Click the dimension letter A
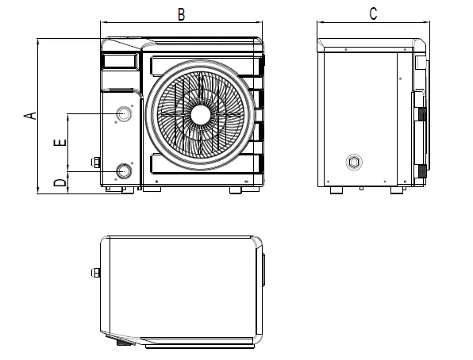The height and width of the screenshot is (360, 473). [x=31, y=116]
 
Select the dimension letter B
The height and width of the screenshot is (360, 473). [x=181, y=13]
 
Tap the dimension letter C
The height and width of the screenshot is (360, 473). [x=373, y=13]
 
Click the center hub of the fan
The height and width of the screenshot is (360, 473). [x=200, y=114]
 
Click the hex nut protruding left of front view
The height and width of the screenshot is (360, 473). [x=95, y=164]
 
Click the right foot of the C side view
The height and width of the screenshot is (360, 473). [x=393, y=190]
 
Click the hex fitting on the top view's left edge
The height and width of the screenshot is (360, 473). [x=95, y=274]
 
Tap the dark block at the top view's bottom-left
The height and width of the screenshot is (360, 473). [x=123, y=343]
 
